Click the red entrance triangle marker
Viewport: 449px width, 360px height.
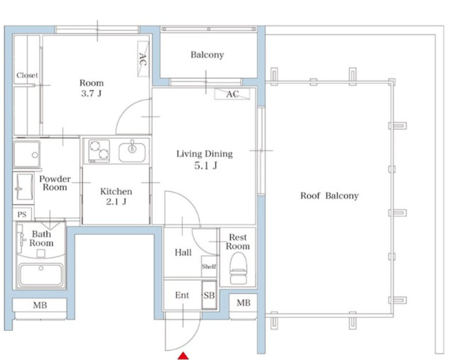pos(183,356)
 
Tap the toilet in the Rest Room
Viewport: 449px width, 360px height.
pos(238,269)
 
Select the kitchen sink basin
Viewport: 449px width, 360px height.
pos(132,152)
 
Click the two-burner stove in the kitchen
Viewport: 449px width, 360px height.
pos(99,151)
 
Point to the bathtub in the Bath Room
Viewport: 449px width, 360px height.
pos(40,274)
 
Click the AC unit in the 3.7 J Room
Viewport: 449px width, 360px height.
pos(143,59)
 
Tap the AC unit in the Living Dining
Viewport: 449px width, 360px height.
pos(232,94)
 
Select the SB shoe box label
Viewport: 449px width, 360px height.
pos(209,296)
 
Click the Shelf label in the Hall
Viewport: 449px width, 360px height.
pos(209,266)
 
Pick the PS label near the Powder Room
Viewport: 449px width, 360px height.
pos(22,215)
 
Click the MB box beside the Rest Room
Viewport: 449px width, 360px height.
pos(244,303)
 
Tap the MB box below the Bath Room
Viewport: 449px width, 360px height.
pos(40,305)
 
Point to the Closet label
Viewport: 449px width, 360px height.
pos(27,75)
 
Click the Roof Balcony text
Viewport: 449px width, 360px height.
pos(329,196)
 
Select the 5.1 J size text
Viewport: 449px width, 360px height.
pos(205,166)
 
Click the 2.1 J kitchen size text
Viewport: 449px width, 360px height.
pos(116,202)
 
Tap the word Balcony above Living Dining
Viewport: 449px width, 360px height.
pos(208,55)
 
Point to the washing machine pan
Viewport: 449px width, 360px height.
pos(27,154)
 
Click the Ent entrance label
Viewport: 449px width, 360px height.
pos(182,296)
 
